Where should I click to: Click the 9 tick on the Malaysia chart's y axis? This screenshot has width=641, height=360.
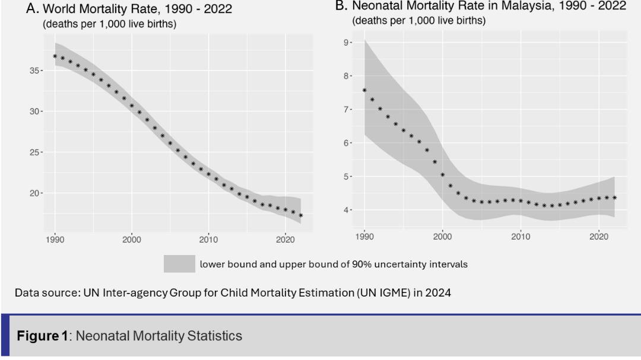tap(346, 43)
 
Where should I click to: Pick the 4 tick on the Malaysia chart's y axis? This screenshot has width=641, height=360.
tap(346, 210)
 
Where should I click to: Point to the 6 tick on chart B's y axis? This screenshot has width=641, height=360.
tap(346, 143)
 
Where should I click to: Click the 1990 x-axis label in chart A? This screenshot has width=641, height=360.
tap(55, 240)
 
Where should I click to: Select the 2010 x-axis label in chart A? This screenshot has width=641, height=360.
tap(208, 240)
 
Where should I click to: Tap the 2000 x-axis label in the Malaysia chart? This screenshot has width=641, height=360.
tap(442, 237)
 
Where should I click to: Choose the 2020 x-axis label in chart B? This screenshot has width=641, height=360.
tap(598, 237)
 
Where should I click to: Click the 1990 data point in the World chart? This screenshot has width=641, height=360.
tap(55, 56)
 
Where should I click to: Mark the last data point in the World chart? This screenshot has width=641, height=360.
tap(301, 215)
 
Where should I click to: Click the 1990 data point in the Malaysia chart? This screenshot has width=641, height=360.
tap(364, 90)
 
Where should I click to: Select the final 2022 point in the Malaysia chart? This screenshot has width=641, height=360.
tap(614, 197)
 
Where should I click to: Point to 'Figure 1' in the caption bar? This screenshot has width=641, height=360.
tap(42, 336)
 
